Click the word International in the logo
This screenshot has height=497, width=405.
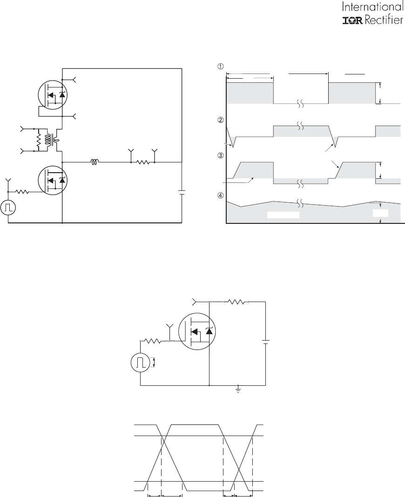[x=373, y=7]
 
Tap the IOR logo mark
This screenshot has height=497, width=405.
[x=353, y=20]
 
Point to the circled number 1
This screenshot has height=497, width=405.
[x=220, y=67]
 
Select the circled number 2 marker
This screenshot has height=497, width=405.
[x=220, y=120]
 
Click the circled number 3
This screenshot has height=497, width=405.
[x=220, y=155]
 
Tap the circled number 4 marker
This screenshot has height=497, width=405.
[x=220, y=195]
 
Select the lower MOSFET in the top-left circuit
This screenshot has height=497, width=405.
[x=53, y=180]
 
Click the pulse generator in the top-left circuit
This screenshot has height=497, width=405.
[x=8, y=207]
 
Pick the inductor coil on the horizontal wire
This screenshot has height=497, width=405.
[x=94, y=162]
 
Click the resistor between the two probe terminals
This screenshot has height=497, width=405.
[x=143, y=162]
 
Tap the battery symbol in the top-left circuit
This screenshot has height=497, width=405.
[x=182, y=193]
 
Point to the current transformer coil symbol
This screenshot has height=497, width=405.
[x=48, y=140]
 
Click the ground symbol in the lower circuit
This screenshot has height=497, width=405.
[x=238, y=390]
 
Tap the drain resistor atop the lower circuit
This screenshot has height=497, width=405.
[x=236, y=302]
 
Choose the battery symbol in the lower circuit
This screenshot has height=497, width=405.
[x=265, y=342]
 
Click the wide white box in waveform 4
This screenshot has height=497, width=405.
[x=283, y=215]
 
